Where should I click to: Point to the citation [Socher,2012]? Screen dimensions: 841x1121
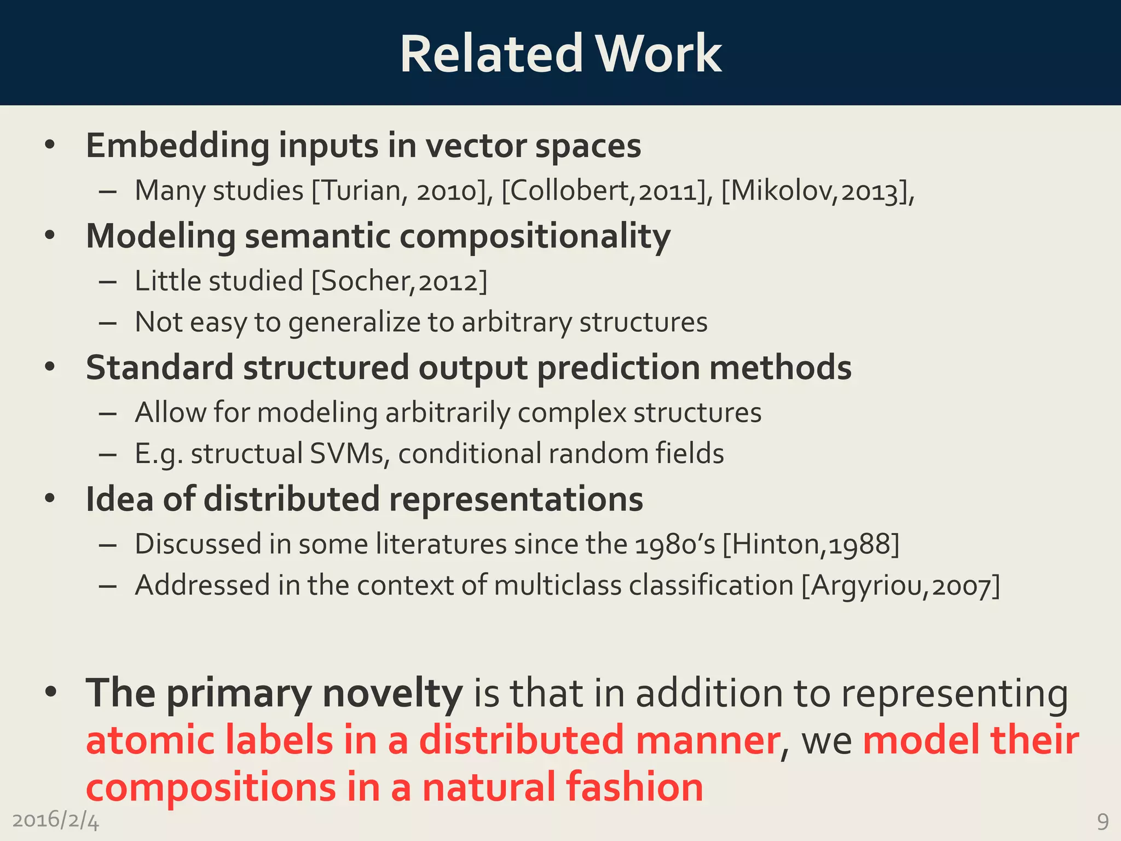click(399, 281)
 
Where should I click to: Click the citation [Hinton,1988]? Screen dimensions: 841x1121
click(811, 544)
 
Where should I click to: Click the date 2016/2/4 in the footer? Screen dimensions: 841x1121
click(55, 820)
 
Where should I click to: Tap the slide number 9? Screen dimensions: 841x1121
click(1102, 821)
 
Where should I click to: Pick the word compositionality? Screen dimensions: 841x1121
click(535, 237)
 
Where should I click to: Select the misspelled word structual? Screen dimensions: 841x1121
click(246, 454)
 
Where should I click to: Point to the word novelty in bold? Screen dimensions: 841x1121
click(392, 694)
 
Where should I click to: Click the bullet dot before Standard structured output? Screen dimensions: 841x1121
click(50, 367)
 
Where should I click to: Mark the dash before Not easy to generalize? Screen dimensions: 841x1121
click(108, 323)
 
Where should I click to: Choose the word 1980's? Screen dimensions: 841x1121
click(675, 544)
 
